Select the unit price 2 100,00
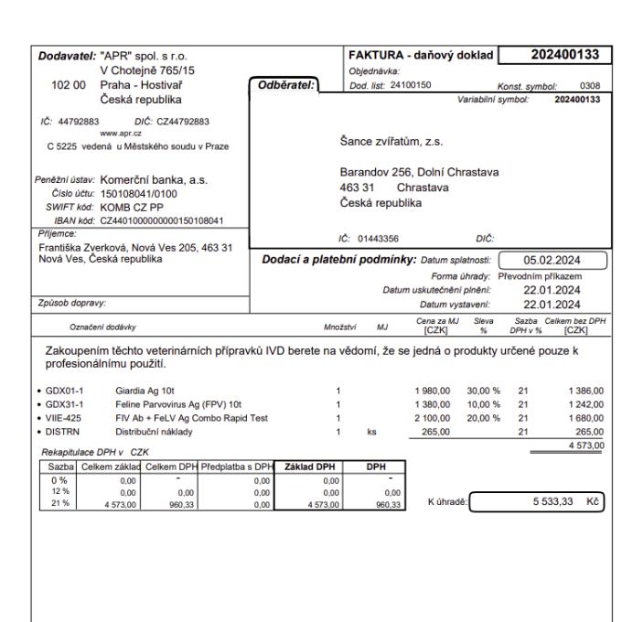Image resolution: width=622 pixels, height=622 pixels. point(434,415)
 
